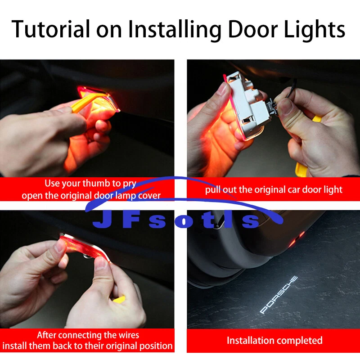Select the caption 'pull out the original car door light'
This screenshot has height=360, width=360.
pos(274,189)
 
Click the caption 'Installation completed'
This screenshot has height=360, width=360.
pos(274,340)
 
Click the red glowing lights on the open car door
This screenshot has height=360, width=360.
pos(297,239)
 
